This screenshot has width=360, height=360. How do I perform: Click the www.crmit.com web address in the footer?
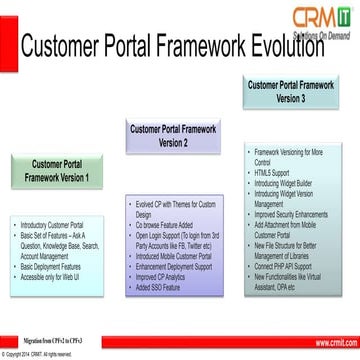point(331,341)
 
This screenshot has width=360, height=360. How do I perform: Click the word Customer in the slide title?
point(76,46)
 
